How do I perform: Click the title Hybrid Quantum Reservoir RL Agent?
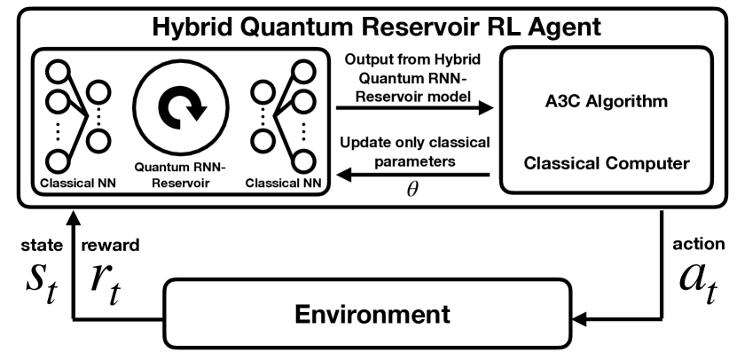point(369,26)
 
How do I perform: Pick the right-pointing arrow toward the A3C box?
point(412,108)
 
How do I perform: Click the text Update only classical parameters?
point(412,152)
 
